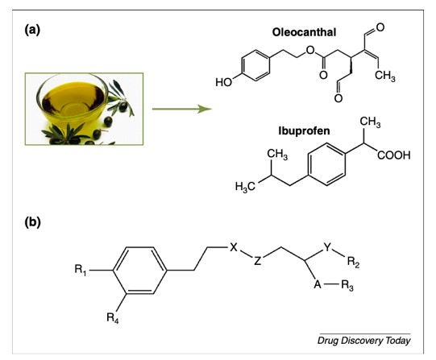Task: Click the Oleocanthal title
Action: tap(304, 32)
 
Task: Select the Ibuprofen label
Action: tap(304, 130)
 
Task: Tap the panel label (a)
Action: tap(32, 30)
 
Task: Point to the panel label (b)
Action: tap(32, 222)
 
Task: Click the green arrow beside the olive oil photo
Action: tap(182, 109)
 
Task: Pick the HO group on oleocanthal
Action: tap(223, 82)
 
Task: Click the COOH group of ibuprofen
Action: tap(394, 155)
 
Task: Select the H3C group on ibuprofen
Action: tap(245, 187)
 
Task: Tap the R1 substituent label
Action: tap(81, 270)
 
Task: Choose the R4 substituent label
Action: tap(113, 318)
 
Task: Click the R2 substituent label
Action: tap(353, 262)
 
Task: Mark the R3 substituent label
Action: tap(347, 286)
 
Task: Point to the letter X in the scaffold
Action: tap(234, 247)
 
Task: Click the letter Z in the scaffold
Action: tap(258, 261)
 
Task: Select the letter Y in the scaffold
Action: tap(327, 247)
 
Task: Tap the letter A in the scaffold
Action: tap(318, 284)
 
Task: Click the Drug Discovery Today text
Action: tap(364, 341)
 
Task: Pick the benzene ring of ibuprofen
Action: tap(326, 164)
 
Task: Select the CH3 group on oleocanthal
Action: tap(385, 76)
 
